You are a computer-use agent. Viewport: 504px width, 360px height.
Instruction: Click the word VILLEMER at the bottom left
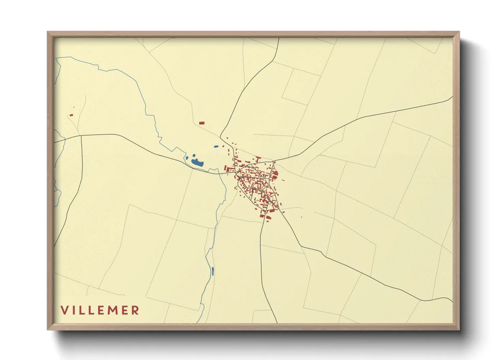100,310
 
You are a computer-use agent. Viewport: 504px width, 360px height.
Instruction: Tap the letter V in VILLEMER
64,310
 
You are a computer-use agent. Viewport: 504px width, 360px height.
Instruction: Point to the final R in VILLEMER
136,310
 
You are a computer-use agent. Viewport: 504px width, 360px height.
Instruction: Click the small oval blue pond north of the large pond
216,147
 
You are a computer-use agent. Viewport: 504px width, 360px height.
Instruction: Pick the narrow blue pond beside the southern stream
213,271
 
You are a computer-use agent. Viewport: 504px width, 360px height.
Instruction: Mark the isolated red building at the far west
71,115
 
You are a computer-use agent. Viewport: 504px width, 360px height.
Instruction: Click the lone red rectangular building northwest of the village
202,123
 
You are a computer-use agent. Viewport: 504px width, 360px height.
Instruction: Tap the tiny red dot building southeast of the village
301,217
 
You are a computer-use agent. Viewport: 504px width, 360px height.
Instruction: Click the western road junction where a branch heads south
81,135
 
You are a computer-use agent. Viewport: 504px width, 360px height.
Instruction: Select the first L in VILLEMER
82,310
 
